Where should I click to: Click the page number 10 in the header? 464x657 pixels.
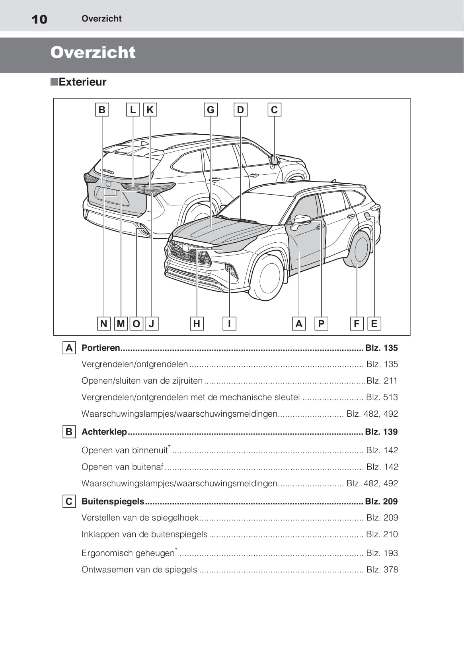(x=39, y=19)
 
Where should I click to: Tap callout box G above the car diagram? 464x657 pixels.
(x=211, y=110)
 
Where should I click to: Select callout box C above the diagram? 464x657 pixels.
(x=274, y=110)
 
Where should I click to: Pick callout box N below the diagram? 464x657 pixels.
(x=104, y=324)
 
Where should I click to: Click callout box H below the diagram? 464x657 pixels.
(x=197, y=324)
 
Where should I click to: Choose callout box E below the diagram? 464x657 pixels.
(x=374, y=324)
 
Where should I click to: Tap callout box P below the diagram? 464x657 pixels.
(x=321, y=324)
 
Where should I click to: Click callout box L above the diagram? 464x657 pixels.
(x=133, y=110)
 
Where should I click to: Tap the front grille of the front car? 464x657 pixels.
(x=189, y=254)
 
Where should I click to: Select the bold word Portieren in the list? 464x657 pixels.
(x=101, y=348)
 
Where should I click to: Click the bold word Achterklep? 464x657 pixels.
(x=104, y=432)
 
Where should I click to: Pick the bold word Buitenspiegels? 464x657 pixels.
(x=113, y=501)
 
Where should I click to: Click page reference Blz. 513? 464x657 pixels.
(x=382, y=397)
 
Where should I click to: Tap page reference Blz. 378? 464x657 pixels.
(x=382, y=570)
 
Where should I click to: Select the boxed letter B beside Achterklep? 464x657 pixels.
(x=69, y=432)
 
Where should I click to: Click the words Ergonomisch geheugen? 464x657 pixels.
(x=128, y=553)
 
